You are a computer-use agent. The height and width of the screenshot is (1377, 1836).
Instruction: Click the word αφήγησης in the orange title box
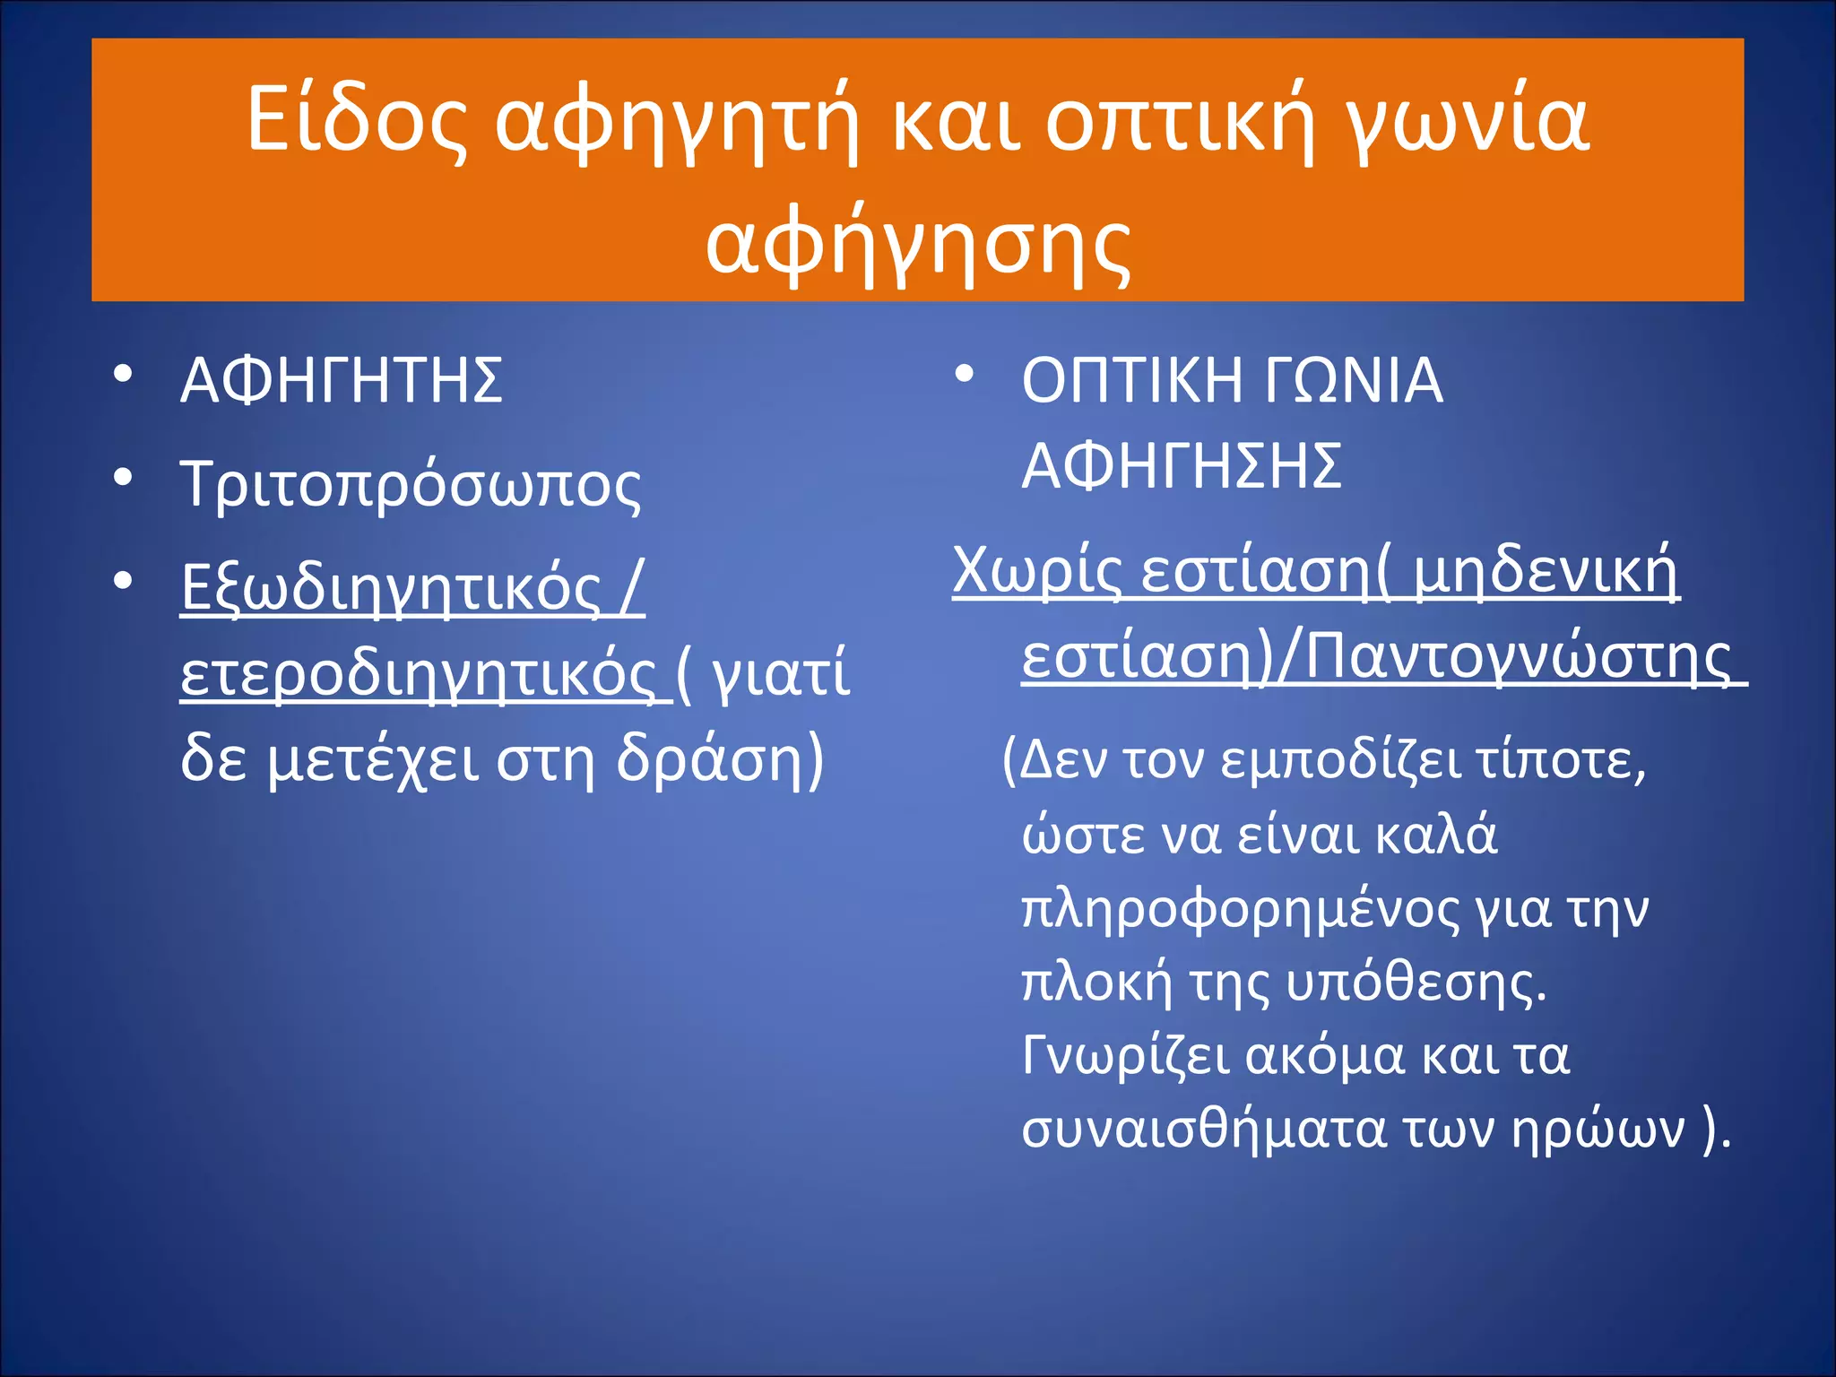[x=918, y=245]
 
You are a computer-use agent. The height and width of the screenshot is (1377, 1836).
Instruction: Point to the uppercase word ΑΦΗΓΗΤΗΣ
[x=342, y=381]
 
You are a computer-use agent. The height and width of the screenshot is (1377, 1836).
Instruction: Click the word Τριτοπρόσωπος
[x=411, y=485]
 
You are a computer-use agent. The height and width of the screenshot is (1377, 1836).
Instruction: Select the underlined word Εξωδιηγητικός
[x=390, y=589]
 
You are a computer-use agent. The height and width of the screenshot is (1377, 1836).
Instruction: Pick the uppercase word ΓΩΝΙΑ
[x=1354, y=381]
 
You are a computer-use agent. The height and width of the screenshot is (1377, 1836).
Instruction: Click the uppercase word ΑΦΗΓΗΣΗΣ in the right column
[x=1182, y=466]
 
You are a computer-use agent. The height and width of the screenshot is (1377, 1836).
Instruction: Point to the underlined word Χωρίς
[x=1037, y=570]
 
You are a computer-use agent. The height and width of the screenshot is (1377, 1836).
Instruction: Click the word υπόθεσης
[x=1416, y=983]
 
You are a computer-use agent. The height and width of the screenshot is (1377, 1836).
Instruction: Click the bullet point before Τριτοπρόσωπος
[x=123, y=477]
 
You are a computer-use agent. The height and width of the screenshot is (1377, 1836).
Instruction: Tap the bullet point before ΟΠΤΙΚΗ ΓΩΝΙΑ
[x=964, y=374]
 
